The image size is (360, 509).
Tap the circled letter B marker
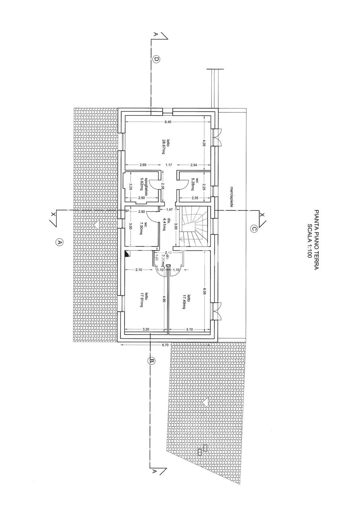point(152,361)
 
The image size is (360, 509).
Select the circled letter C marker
point(254,228)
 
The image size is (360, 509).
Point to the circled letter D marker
point(156,60)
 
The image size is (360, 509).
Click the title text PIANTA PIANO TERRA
point(317,240)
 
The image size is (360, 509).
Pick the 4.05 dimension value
point(204,143)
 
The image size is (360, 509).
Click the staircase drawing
point(194,228)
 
